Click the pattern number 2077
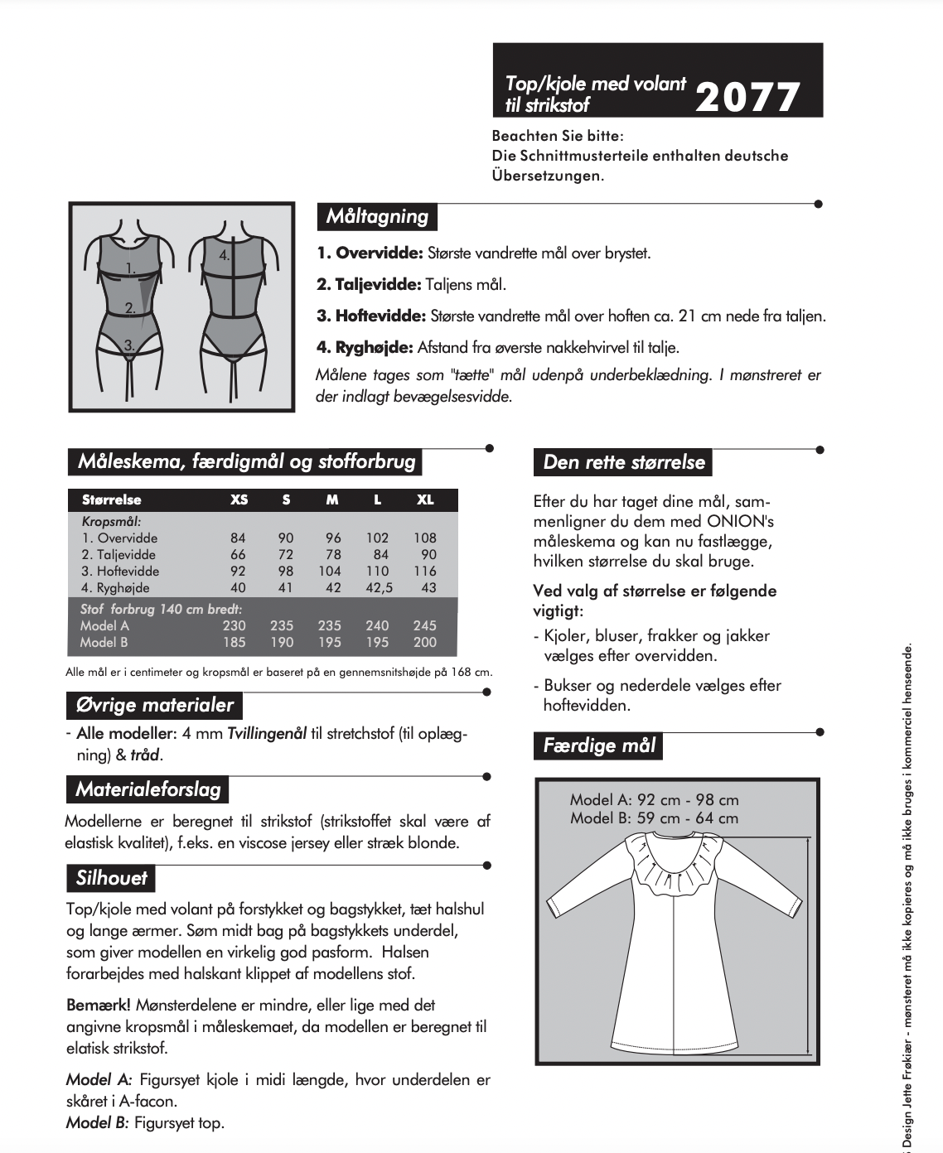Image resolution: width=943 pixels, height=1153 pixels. tap(747, 98)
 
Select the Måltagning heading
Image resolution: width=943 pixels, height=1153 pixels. tap(376, 217)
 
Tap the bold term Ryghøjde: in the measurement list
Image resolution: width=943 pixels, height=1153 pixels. tap(365, 347)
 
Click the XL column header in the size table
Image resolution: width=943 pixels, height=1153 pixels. tap(424, 499)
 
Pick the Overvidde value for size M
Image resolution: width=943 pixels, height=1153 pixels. tap(333, 538)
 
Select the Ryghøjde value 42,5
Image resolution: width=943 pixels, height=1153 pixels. tap(377, 587)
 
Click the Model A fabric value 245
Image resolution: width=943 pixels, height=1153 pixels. tap(424, 625)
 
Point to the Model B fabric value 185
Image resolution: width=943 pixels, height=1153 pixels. tap(235, 642)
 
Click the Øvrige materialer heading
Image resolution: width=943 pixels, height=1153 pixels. tap(154, 706)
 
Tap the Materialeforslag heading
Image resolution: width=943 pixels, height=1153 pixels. tap(147, 789)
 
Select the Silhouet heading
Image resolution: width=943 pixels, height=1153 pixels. tap(111, 878)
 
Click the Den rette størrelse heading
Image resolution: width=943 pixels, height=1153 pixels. tap(623, 462)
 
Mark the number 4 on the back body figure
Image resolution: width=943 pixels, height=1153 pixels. tap(224, 256)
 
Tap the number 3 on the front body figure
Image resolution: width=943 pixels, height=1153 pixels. tap(128, 345)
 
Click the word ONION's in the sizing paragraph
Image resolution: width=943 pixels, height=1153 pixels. tap(739, 522)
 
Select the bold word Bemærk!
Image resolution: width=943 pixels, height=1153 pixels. tap(98, 1006)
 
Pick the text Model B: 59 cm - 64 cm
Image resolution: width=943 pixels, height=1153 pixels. tap(653, 818)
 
